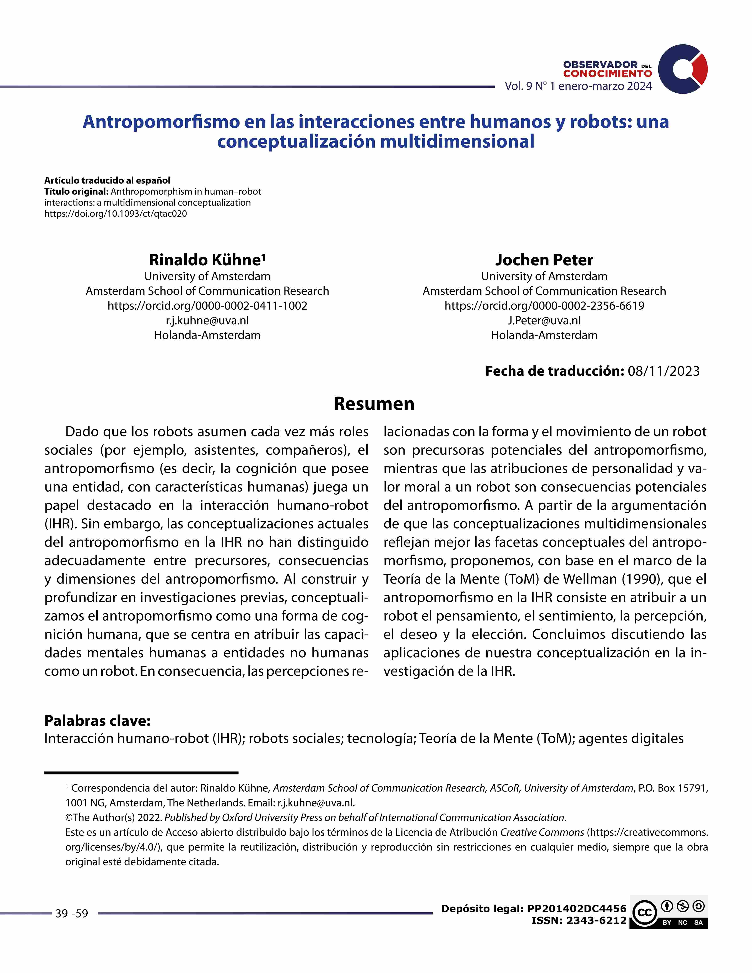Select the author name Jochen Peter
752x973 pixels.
544,260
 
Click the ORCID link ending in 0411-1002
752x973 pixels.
207,306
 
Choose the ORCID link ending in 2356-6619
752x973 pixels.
544,306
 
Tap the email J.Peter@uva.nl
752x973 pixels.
544,320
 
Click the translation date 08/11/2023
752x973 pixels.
663,371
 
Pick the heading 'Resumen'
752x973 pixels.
374,404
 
